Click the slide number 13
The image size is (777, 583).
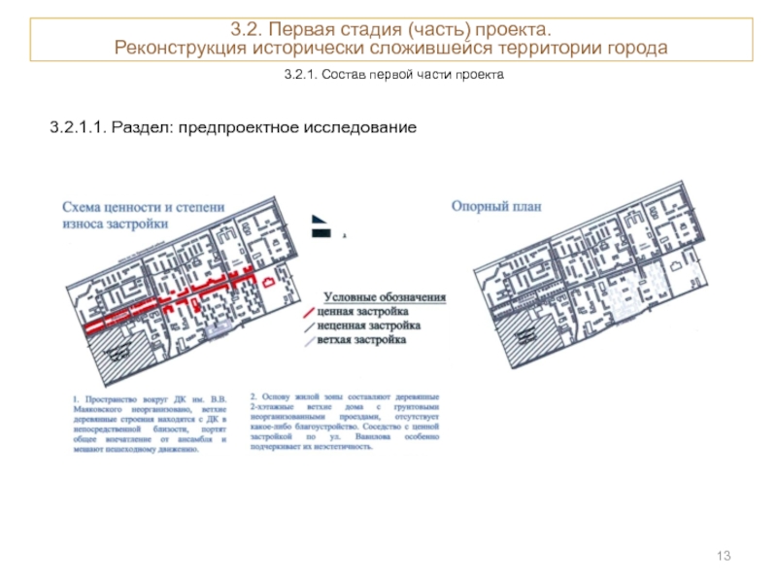click(723, 555)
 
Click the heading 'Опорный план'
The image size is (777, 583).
click(496, 206)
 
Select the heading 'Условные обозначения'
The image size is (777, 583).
click(384, 297)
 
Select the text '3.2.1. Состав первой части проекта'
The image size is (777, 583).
click(394, 75)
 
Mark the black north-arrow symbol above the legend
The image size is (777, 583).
click(319, 227)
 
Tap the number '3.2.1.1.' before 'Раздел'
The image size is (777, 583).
click(78, 127)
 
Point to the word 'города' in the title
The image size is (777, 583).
click(636, 49)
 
